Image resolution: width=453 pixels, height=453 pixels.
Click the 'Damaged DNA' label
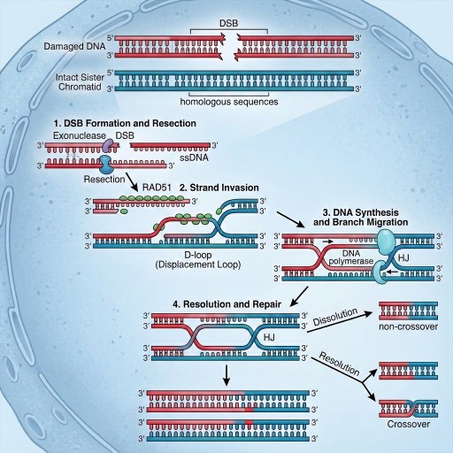74,46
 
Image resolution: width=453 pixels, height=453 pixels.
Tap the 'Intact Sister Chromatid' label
80,82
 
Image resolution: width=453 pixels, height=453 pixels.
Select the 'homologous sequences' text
229,102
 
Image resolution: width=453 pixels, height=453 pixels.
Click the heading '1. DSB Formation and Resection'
126,123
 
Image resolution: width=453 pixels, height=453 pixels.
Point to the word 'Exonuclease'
80,135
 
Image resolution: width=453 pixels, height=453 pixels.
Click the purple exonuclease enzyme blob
107,144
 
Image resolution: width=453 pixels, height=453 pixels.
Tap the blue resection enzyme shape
105,165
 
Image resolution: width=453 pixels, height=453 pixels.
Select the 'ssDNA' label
194,157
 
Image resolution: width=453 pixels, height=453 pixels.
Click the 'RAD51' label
157,188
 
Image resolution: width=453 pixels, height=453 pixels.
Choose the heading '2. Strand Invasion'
219,188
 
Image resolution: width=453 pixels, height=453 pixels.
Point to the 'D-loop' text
198,255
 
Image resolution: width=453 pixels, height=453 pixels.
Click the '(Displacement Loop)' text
198,265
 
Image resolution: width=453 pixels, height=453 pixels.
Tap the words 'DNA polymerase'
351,257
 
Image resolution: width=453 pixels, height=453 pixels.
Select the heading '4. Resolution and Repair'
226,304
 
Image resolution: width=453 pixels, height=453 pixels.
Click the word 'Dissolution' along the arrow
335,317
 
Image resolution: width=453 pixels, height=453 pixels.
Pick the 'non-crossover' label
408,326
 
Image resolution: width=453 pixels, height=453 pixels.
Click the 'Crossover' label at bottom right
408,424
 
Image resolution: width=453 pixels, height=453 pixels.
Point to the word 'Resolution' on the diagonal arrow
340,364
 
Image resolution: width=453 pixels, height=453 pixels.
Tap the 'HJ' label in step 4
269,337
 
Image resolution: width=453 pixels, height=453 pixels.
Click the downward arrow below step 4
226,375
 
